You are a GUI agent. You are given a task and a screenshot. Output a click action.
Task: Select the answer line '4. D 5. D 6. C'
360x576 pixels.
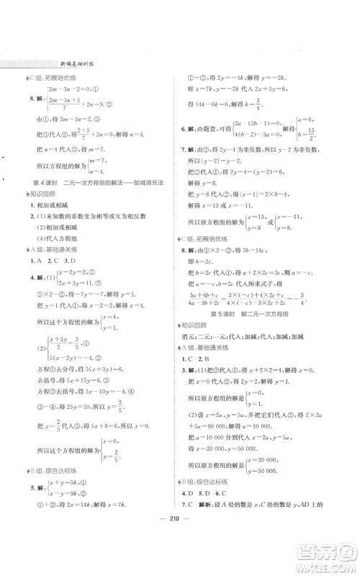(x=216, y=514)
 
